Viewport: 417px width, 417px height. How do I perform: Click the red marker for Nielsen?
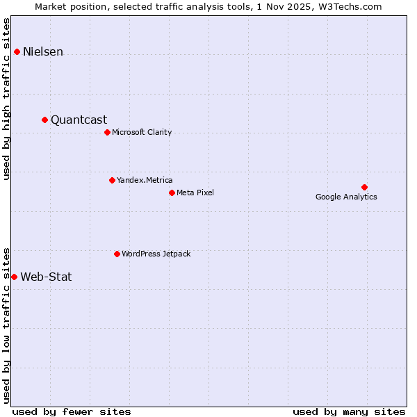pyautogui.click(x=17, y=51)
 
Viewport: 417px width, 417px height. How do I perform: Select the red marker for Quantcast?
pyautogui.click(x=44, y=120)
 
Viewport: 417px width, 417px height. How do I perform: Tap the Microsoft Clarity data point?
pyautogui.click(x=107, y=132)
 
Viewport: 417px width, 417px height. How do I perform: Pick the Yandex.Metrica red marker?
pyautogui.click(x=112, y=180)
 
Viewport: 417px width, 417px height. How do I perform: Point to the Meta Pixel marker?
pyautogui.click(x=172, y=193)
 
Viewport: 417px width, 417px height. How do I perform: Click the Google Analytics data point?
pyautogui.click(x=364, y=187)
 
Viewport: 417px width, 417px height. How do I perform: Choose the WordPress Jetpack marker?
pyautogui.click(x=117, y=254)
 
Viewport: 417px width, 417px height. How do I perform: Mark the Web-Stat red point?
pyautogui.click(x=14, y=277)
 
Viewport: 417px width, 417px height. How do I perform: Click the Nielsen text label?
pyautogui.click(x=43, y=52)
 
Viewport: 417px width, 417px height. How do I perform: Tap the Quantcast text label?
pyautogui.click(x=79, y=120)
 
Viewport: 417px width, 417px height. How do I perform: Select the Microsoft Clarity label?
pyautogui.click(x=142, y=133)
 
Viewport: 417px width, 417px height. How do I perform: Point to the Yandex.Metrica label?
pyautogui.click(x=145, y=181)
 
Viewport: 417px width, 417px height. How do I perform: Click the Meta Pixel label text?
pyautogui.click(x=195, y=193)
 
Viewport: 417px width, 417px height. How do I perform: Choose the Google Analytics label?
pyautogui.click(x=346, y=197)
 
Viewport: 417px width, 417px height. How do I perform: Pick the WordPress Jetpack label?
pyautogui.click(x=156, y=254)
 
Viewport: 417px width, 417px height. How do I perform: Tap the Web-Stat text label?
pyautogui.click(x=46, y=277)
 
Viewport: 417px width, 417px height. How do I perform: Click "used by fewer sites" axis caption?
pyautogui.click(x=72, y=411)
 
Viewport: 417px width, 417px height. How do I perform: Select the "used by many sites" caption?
pyautogui.click(x=349, y=411)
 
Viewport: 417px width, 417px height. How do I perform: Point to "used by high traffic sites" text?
pyautogui.click(x=7, y=99)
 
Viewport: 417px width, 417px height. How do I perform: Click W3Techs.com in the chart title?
pyautogui.click(x=353, y=6)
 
